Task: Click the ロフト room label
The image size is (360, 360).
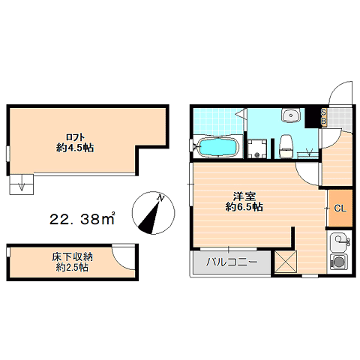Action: pos(75,137)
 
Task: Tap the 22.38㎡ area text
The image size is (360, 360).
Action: pos(82,219)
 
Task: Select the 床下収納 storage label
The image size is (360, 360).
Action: pos(73,257)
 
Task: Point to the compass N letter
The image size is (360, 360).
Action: pos(160,198)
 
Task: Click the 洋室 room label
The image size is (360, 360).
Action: pos(244,196)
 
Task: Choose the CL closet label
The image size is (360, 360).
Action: pos(340,208)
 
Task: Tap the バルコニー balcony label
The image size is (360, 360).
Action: pos(232,262)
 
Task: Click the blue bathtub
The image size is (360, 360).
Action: pos(217,148)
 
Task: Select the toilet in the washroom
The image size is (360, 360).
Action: pos(286,146)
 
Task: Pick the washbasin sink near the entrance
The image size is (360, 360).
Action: pos(291,115)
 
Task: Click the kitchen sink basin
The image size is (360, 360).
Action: pos(340,241)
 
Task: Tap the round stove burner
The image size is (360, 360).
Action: pos(338,262)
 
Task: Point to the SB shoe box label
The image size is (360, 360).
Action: pos(323,117)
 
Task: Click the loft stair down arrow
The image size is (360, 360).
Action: pos(22,183)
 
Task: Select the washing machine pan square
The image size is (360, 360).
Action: pos(257,149)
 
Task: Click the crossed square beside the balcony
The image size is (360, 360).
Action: pos(286,262)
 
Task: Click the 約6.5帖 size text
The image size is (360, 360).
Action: pos(244,207)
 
